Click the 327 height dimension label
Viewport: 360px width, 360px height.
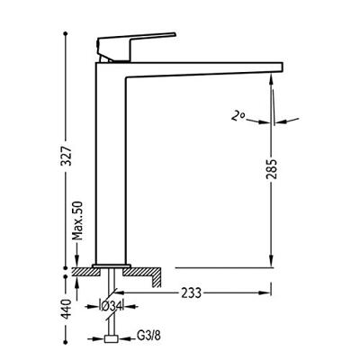point(65,156)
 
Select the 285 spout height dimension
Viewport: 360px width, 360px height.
point(272,169)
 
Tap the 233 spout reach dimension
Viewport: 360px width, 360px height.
point(191,292)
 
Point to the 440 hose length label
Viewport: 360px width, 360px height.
point(66,309)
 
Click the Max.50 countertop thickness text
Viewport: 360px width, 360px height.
point(77,221)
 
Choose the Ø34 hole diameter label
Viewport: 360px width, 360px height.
point(111,306)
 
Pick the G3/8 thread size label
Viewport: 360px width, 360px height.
point(148,336)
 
